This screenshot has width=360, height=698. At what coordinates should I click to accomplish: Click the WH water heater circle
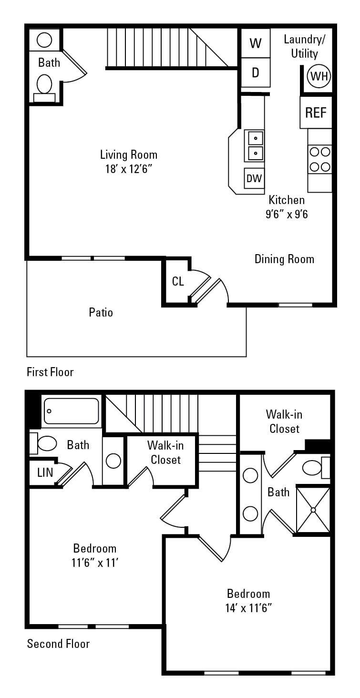(x=319, y=76)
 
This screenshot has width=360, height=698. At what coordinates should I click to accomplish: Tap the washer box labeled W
(x=256, y=43)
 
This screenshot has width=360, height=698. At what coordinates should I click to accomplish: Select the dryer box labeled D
(x=256, y=72)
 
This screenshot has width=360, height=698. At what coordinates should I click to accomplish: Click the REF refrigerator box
(x=316, y=113)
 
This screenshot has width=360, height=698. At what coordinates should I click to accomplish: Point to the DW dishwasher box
(x=254, y=178)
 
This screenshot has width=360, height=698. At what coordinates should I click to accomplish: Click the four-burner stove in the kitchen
(x=319, y=159)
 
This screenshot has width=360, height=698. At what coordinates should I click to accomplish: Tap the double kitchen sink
(x=255, y=146)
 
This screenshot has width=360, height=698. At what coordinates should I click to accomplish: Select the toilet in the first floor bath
(x=44, y=84)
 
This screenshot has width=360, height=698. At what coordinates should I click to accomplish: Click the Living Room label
(x=128, y=154)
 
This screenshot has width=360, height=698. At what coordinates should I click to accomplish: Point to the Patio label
(x=101, y=312)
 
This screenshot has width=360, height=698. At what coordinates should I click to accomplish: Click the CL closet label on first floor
(x=178, y=281)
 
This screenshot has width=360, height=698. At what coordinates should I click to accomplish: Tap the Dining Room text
(x=284, y=259)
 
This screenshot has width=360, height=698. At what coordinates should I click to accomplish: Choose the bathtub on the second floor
(x=72, y=411)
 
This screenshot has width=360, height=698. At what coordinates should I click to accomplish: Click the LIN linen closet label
(x=45, y=472)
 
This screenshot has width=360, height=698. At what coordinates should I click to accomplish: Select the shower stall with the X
(x=313, y=510)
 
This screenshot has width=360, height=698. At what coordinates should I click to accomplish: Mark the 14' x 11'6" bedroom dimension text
(x=248, y=608)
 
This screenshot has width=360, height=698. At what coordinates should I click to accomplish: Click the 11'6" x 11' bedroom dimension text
(x=95, y=563)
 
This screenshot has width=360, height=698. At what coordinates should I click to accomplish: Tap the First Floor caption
(x=50, y=372)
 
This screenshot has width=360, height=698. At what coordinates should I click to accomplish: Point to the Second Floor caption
(x=58, y=644)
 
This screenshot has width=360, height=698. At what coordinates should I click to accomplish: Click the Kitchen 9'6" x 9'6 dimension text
(x=287, y=214)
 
